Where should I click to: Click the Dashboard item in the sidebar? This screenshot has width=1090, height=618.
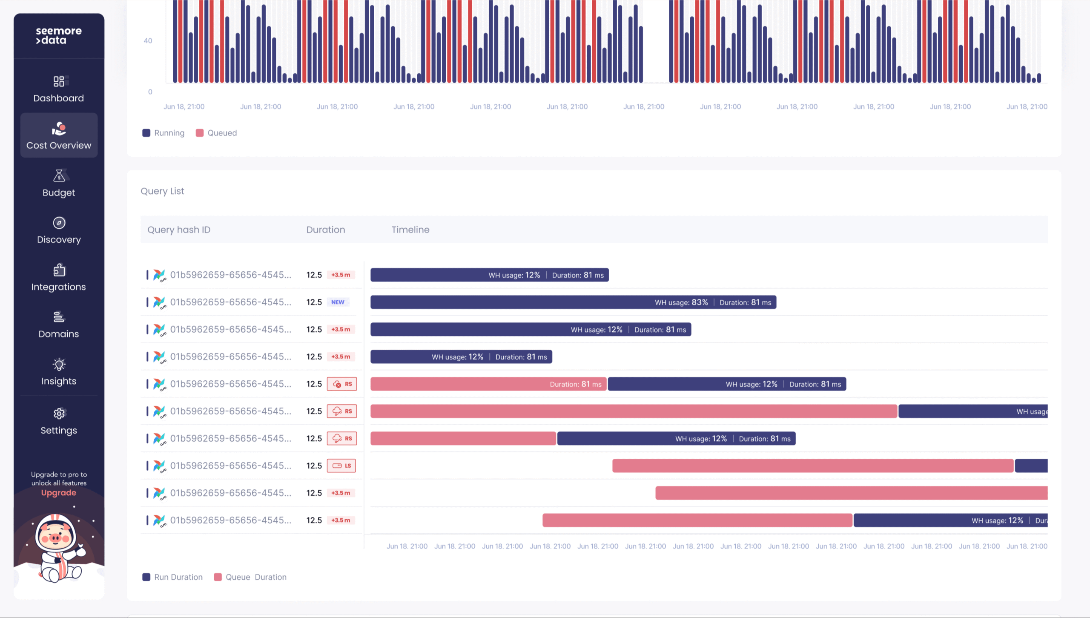pyautogui.click(x=59, y=89)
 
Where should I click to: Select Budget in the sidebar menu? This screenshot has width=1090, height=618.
pyautogui.click(x=59, y=184)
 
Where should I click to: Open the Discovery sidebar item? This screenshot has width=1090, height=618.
pyautogui.click(x=59, y=231)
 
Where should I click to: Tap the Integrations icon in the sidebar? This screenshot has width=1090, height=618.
pyautogui.click(x=59, y=270)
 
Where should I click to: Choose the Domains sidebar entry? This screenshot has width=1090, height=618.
pyautogui.click(x=59, y=325)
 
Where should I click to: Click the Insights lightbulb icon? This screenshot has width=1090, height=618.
pyautogui.click(x=59, y=365)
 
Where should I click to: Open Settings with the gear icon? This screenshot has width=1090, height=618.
pyautogui.click(x=59, y=414)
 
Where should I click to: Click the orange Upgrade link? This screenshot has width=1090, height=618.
pyautogui.click(x=59, y=493)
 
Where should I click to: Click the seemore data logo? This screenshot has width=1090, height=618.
pyautogui.click(x=59, y=36)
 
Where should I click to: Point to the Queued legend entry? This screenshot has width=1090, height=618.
pyautogui.click(x=216, y=133)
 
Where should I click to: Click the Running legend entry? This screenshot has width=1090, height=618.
pyautogui.click(x=163, y=133)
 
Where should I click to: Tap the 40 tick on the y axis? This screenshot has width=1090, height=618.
pyautogui.click(x=148, y=41)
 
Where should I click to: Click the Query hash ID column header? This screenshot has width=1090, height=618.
pyautogui.click(x=179, y=230)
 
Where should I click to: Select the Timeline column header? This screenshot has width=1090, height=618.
pyautogui.click(x=410, y=230)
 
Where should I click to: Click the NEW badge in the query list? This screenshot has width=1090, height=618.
pyautogui.click(x=338, y=302)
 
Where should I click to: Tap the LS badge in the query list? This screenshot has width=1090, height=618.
pyautogui.click(x=341, y=466)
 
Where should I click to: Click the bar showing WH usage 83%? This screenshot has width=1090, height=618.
pyautogui.click(x=573, y=302)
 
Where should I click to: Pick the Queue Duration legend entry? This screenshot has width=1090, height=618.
pyautogui.click(x=250, y=577)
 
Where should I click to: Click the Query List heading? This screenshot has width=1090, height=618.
pyautogui.click(x=162, y=191)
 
